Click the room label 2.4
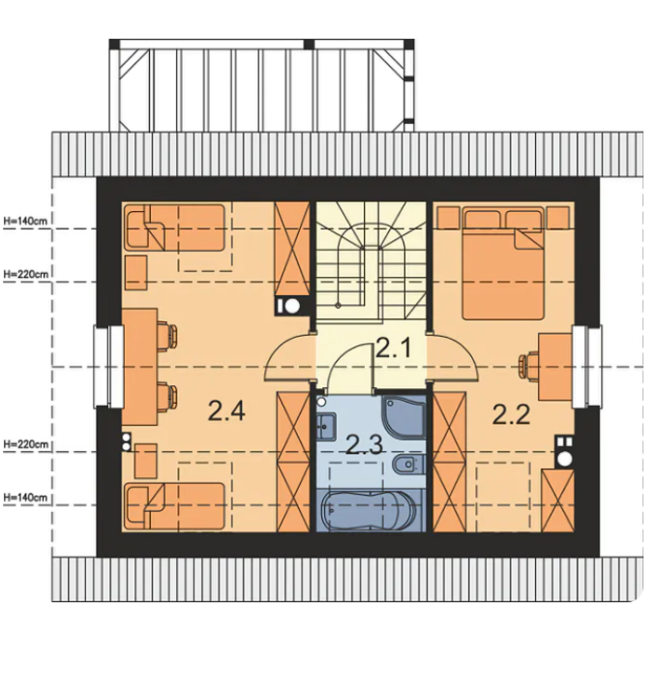coord(226,410)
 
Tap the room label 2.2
coord(511,414)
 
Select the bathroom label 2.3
coord(364,444)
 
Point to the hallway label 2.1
coord(394,349)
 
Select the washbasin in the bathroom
coord(326,427)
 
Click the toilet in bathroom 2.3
coord(408,465)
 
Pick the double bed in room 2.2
coord(503,262)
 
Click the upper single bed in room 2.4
coord(174,228)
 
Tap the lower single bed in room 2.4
coord(174,506)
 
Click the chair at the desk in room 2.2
coord(529,366)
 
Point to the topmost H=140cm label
coord(25,221)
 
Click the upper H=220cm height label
coord(26,274)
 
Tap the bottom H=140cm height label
coord(25,498)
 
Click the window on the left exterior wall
coord(108,367)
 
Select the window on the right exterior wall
coord(587,366)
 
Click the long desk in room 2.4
coord(139,367)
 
